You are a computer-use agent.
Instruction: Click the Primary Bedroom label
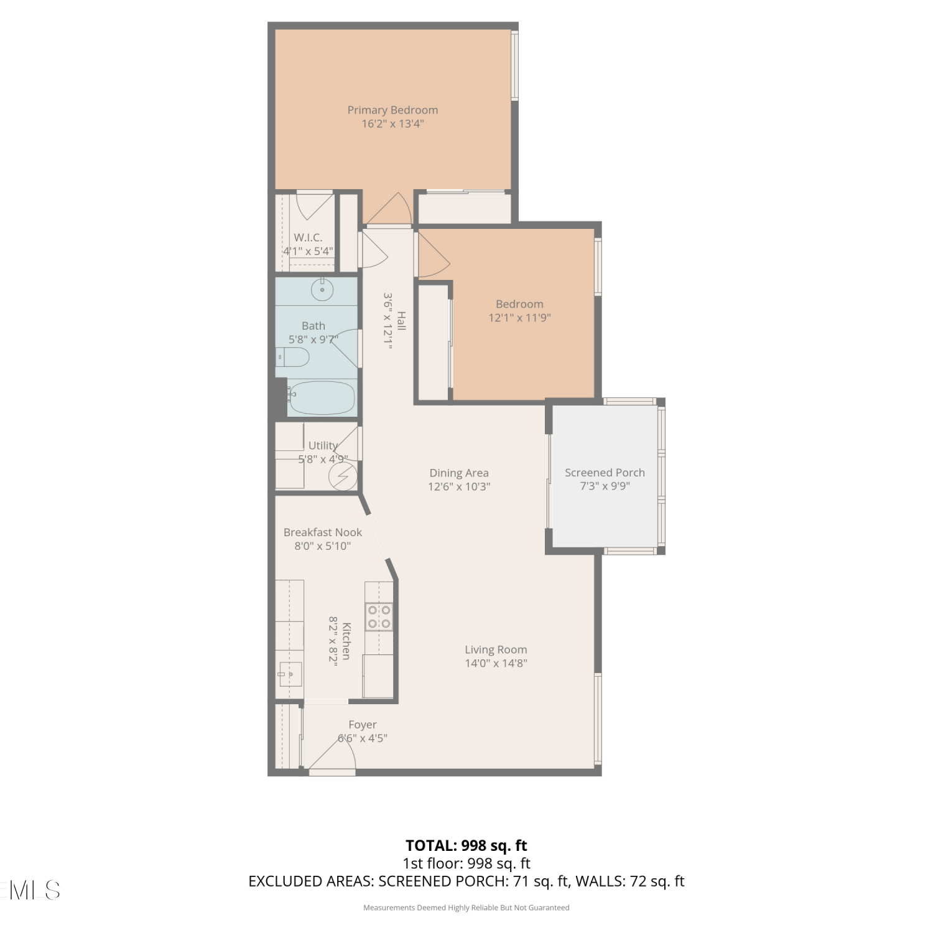tap(392, 110)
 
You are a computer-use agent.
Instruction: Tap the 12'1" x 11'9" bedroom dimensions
tap(519, 318)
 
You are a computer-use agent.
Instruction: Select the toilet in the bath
tap(292, 357)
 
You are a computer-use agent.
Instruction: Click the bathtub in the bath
tap(322, 398)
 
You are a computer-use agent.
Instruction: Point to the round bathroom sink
tap(322, 289)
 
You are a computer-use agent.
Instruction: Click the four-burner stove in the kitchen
tap(379, 616)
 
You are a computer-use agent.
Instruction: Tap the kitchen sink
tap(290, 674)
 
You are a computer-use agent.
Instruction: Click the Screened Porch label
tap(605, 473)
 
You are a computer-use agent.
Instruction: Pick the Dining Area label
tap(459, 473)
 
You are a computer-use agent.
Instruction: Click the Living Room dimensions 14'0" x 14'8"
tap(496, 663)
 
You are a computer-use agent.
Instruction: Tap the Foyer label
tap(363, 725)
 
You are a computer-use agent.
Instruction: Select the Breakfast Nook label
tap(323, 532)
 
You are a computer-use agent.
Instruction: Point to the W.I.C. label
tap(308, 238)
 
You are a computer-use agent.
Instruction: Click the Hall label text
tap(401, 321)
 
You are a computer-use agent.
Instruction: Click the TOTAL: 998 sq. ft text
tap(466, 846)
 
